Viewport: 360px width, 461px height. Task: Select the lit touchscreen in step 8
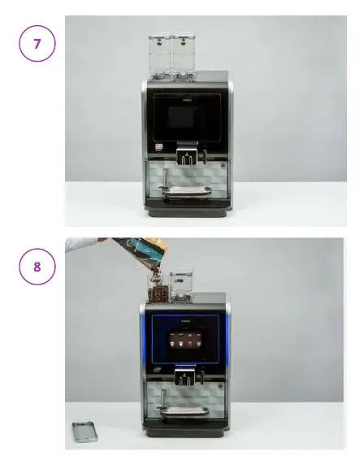(185, 343)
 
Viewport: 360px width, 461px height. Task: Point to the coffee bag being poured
(131, 253)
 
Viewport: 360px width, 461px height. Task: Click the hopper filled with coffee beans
(158, 285)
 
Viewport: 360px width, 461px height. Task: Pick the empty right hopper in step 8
(182, 285)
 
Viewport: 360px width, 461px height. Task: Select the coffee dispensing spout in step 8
(186, 376)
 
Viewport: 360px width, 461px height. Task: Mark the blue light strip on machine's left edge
(145, 341)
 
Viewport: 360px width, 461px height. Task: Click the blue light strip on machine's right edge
(227, 341)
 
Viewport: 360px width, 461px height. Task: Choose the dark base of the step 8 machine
(185, 430)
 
